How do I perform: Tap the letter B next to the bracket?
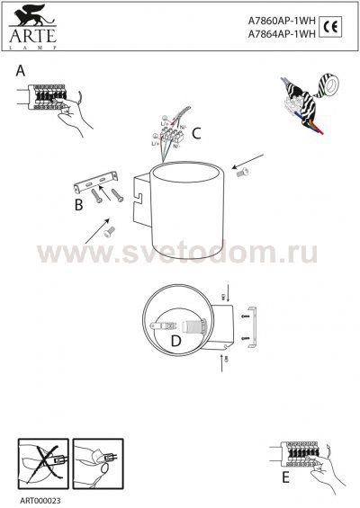(x=78, y=206)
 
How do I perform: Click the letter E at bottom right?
(x=285, y=477)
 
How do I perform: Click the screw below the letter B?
(x=107, y=230)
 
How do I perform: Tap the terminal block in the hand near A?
(x=49, y=94)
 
